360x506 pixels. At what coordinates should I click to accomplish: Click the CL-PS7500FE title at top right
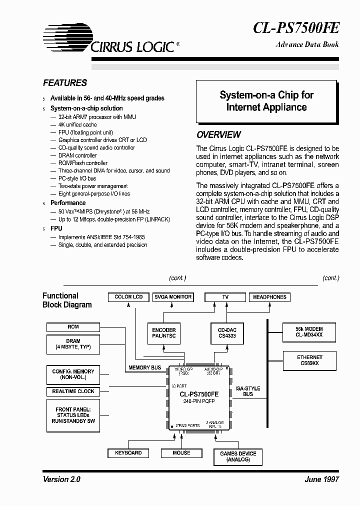296,27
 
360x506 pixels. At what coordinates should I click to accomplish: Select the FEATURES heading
64,83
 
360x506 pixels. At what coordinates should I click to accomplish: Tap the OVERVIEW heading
218,134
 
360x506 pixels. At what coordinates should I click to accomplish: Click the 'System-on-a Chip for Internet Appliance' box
266,101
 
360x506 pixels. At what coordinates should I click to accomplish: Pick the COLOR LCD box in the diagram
128,297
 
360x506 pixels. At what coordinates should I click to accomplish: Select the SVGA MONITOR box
172,297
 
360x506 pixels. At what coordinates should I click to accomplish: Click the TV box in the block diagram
225,297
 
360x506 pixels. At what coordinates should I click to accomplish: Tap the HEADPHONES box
269,297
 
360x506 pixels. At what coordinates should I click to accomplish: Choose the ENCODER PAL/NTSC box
164,333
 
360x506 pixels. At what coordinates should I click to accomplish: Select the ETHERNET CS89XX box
309,360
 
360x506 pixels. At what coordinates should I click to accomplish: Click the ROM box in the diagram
73,327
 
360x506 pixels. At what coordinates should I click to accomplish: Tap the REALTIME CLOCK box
73,391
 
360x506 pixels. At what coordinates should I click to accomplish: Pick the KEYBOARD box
128,453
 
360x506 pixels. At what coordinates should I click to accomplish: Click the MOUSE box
181,453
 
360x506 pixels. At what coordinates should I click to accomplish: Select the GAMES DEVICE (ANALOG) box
237,456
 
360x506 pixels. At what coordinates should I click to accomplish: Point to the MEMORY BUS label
144,368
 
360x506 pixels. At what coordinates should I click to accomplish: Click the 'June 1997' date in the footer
321,479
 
